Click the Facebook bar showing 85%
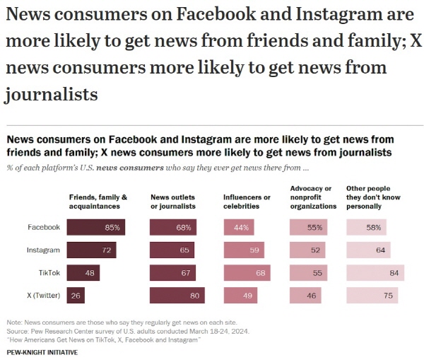(96, 228)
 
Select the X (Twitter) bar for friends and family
(76, 296)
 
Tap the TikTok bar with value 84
(375, 273)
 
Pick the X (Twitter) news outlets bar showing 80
(177, 296)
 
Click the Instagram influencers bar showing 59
(243, 250)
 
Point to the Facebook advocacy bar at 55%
(308, 228)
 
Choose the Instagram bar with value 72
(91, 250)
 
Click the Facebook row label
(44, 228)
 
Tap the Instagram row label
(43, 250)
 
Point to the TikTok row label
(48, 273)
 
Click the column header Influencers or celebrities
(247, 202)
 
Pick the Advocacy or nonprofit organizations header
(314, 197)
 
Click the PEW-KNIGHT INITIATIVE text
(42, 352)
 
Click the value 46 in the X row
(311, 296)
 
